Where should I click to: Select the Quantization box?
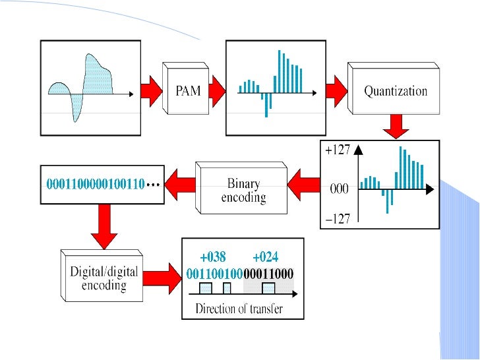(x=396, y=91)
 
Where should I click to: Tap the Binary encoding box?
(x=243, y=191)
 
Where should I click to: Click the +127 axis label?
(x=337, y=150)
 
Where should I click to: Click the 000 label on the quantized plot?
(x=339, y=189)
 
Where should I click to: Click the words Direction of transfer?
(x=239, y=309)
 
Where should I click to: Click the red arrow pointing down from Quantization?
(x=396, y=125)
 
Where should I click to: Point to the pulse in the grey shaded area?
(x=268, y=288)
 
